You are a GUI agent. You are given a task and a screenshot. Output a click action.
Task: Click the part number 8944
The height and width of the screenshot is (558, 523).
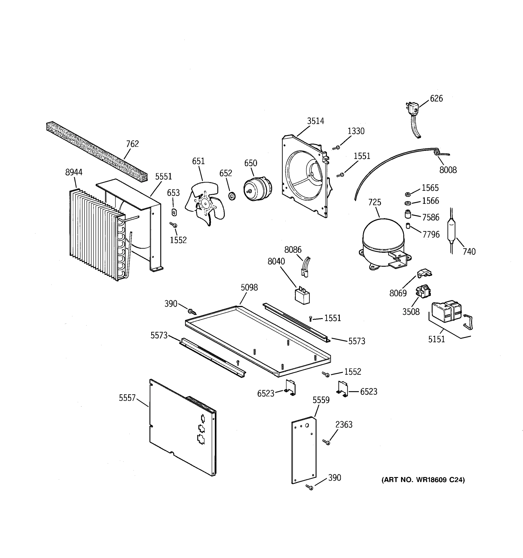tap(74, 172)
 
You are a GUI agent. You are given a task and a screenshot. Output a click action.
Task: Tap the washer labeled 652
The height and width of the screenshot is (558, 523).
tap(232, 196)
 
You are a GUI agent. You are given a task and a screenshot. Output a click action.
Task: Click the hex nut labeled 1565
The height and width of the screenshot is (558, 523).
tap(408, 195)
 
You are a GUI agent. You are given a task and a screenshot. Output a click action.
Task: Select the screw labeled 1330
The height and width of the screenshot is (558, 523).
tap(336, 148)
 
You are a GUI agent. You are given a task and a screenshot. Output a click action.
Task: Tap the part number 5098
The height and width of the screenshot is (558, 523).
tap(249, 288)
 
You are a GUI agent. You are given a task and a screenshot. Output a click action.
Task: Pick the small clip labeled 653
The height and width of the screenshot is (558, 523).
tap(174, 213)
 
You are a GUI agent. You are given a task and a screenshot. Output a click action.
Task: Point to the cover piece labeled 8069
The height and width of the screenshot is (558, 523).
tap(424, 273)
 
